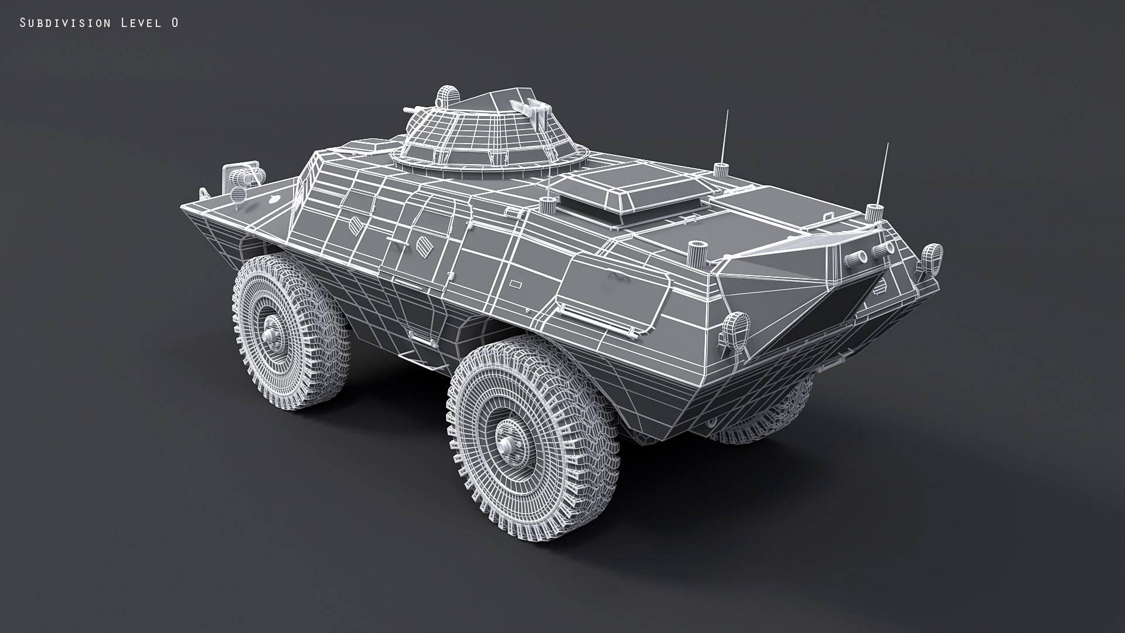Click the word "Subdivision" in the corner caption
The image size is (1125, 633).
[x=65, y=23]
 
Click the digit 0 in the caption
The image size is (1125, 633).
[x=175, y=23]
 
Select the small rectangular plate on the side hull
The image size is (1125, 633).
[x=516, y=284]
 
